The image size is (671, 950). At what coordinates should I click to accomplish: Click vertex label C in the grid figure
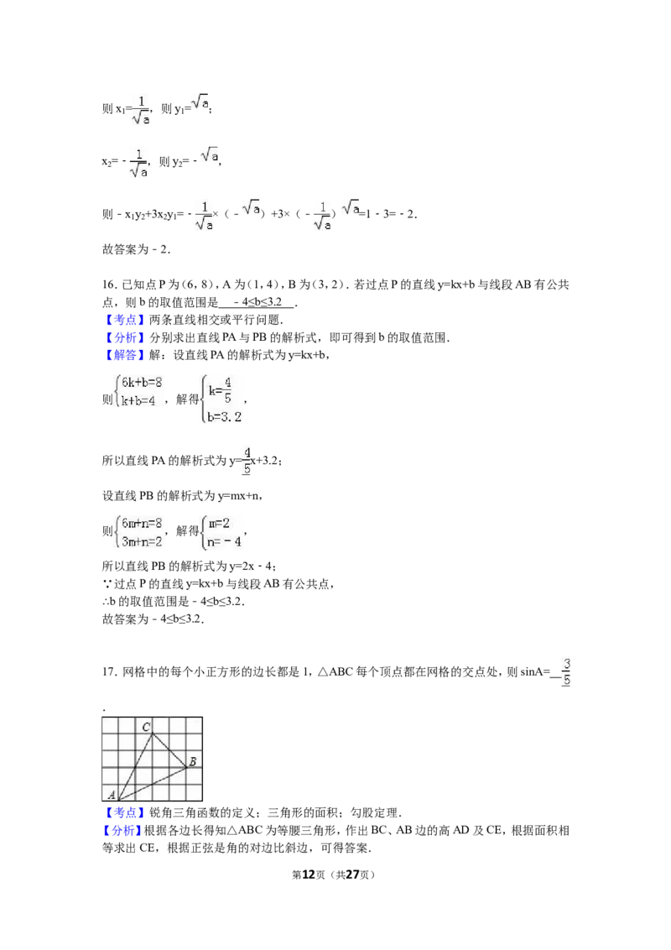(147, 727)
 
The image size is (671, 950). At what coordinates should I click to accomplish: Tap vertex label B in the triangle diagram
(192, 761)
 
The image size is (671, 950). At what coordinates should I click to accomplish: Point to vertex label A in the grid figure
(112, 794)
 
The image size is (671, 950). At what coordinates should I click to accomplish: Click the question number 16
(109, 284)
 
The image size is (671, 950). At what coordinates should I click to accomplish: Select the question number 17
(109, 672)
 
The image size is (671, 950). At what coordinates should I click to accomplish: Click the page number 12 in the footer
(309, 874)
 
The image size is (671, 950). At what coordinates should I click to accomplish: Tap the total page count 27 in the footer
(352, 874)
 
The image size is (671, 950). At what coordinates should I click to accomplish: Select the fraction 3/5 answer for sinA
(565, 672)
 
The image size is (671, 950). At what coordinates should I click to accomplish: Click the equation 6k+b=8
(142, 383)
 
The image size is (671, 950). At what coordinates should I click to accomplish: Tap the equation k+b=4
(138, 400)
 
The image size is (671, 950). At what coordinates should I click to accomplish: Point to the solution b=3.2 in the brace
(224, 417)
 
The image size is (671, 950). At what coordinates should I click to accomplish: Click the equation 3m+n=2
(142, 541)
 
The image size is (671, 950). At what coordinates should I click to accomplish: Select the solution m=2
(219, 524)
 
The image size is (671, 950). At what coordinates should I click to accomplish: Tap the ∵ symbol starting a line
(107, 584)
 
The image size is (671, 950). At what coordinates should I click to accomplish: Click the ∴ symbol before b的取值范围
(106, 602)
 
